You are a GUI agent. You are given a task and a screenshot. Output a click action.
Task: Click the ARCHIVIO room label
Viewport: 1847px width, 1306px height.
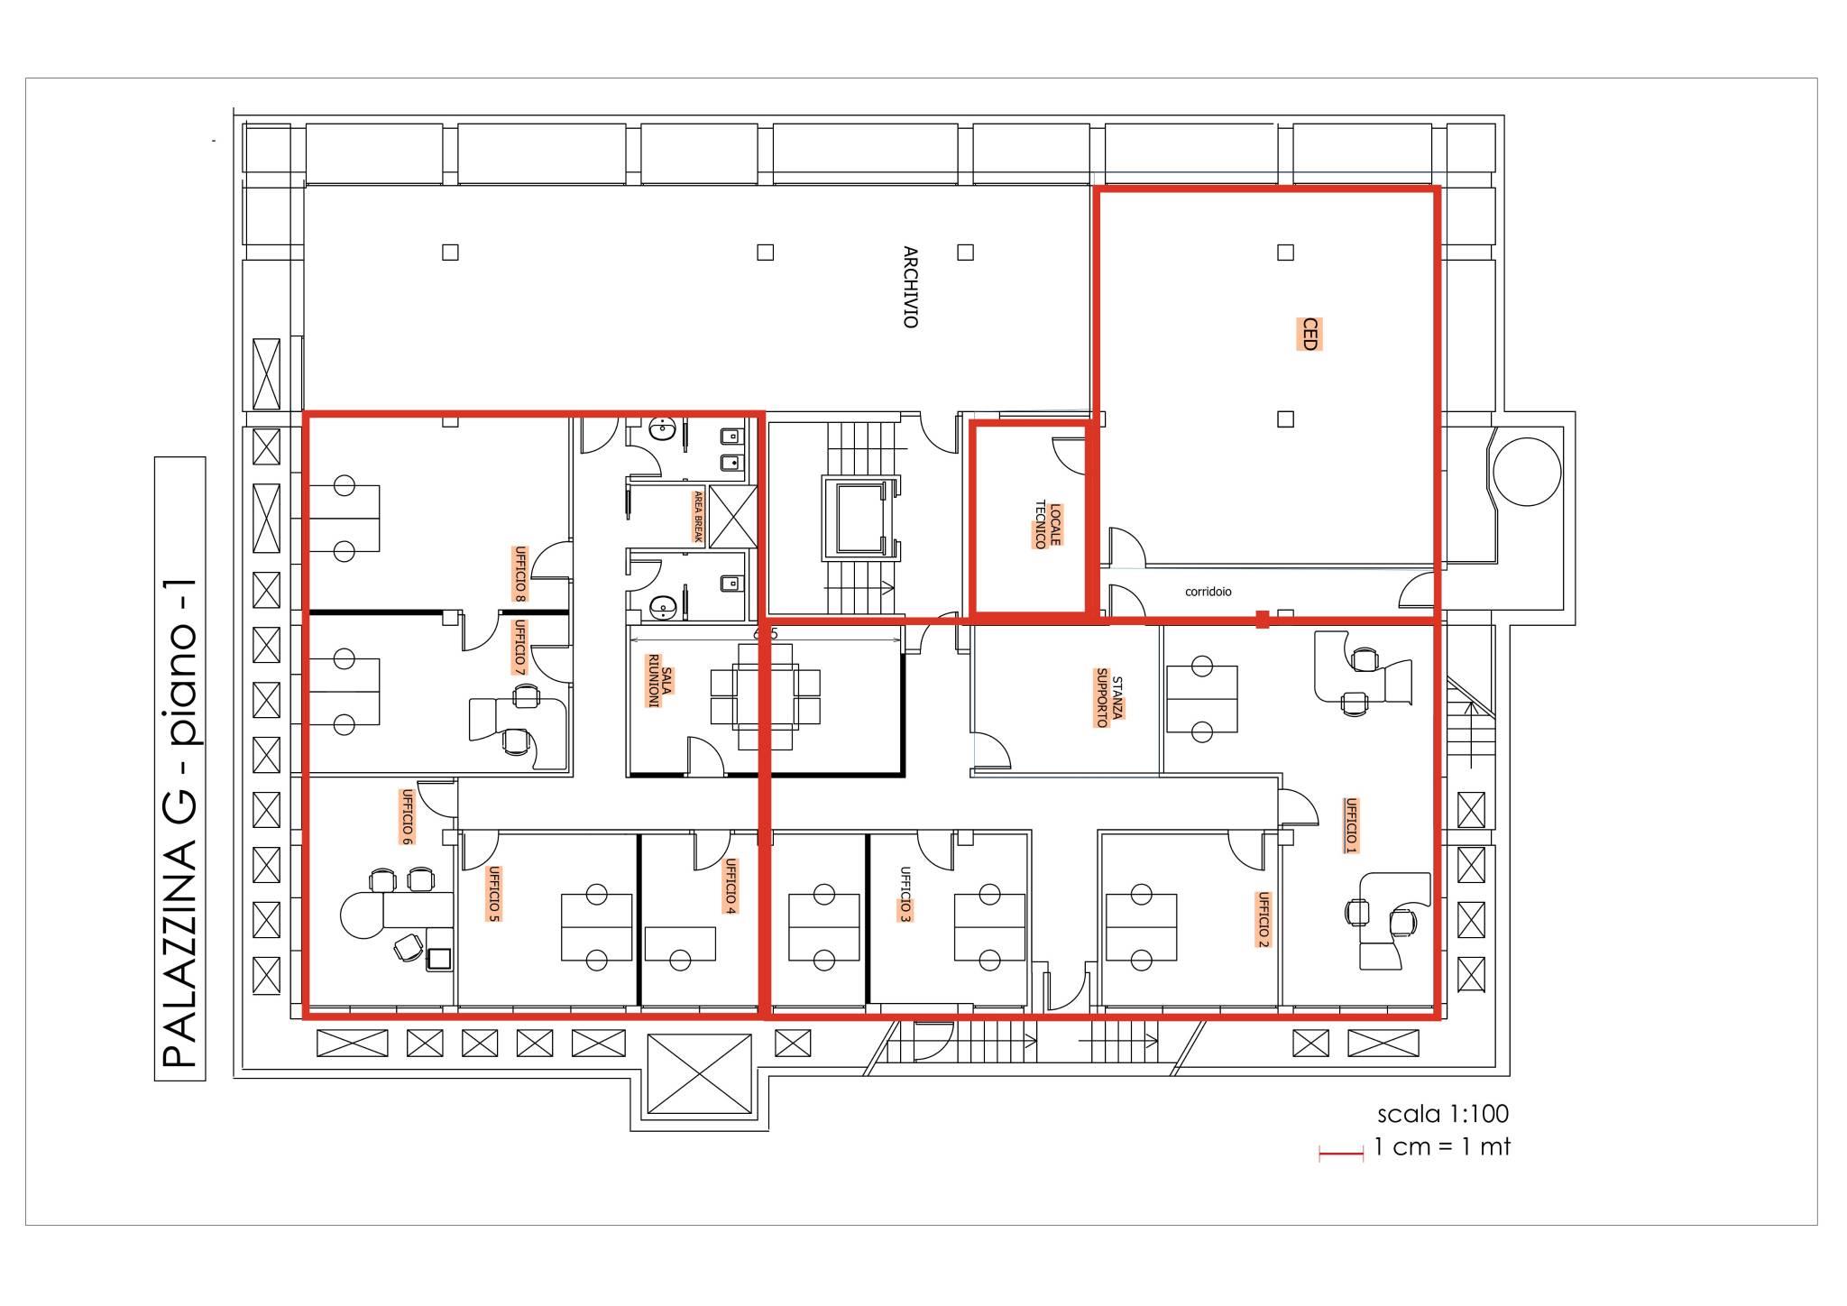point(911,287)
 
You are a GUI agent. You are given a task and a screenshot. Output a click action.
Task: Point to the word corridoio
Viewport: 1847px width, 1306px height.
point(1208,592)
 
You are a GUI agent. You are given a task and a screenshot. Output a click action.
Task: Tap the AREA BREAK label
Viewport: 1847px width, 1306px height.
point(697,516)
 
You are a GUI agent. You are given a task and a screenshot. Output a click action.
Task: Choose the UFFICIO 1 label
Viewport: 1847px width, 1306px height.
point(1350,824)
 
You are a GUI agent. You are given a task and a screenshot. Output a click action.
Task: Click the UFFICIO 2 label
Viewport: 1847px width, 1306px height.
point(1263,919)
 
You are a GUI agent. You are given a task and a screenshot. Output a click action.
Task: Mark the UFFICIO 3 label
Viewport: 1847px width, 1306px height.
point(905,895)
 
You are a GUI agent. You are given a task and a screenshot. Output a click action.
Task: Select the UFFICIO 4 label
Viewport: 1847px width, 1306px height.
point(731,886)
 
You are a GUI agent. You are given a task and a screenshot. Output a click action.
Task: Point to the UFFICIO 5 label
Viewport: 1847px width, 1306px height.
point(492,894)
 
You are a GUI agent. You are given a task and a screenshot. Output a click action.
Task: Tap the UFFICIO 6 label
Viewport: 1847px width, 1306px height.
point(407,816)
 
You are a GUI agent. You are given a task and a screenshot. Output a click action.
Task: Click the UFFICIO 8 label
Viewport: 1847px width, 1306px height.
point(519,573)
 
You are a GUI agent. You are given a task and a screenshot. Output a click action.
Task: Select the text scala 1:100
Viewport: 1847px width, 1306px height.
point(1443,1114)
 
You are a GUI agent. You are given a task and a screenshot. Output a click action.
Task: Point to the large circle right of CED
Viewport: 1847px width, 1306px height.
point(1527,471)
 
